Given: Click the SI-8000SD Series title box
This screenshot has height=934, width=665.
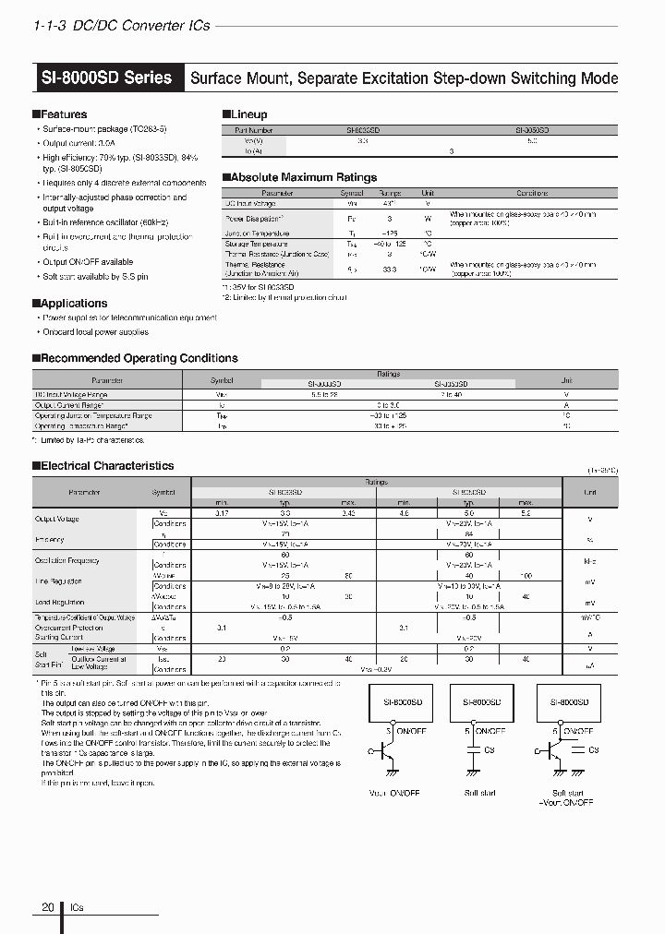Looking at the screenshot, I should pos(107,78).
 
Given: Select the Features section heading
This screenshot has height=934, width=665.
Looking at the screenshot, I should pos(63,114).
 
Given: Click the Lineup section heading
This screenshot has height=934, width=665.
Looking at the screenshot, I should pos(248,114).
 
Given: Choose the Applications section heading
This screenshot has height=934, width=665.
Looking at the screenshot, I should pos(74,304).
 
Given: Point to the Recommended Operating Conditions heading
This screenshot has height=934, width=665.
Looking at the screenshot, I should pos(139,358).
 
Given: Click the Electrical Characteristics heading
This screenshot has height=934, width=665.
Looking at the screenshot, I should pos(106,466).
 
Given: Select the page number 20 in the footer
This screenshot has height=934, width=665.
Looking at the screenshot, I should pos(48,908).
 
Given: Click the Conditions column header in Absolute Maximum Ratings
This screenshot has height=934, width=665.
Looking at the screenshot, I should pos(531,194).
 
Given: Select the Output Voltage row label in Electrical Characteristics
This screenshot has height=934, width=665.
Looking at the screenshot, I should pos(58,519).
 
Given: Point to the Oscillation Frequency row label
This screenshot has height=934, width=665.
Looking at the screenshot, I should pos(66,560).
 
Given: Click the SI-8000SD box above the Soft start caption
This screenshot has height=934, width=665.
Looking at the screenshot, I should pos(475,701).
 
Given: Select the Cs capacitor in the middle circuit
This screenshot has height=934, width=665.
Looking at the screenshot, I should pos(475,751).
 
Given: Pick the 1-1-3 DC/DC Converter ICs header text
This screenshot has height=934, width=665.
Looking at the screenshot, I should pos(121,26).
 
